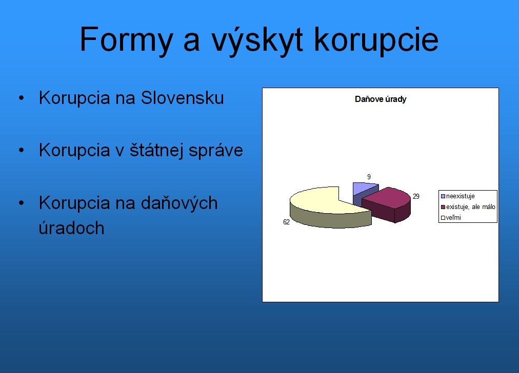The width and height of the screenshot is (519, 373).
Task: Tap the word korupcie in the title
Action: [376, 39]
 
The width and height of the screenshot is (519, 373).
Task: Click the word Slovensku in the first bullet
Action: [183, 98]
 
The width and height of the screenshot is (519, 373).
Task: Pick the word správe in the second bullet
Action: [216, 151]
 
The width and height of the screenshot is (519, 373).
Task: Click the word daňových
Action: [179, 203]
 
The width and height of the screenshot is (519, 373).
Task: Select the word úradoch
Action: [71, 228]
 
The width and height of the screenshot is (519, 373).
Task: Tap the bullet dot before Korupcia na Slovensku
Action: [22, 98]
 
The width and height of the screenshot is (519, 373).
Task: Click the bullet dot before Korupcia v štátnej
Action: [22, 150]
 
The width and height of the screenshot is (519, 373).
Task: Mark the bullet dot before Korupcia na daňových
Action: [22, 203]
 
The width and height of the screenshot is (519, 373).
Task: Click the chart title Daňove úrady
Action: [381, 99]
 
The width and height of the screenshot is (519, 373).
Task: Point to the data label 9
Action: [369, 177]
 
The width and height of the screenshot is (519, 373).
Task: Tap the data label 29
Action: [416, 196]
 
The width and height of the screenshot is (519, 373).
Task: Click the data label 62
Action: [286, 222]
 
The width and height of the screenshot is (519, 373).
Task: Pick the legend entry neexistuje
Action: [458, 196]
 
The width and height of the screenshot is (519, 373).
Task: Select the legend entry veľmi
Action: [451, 218]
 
